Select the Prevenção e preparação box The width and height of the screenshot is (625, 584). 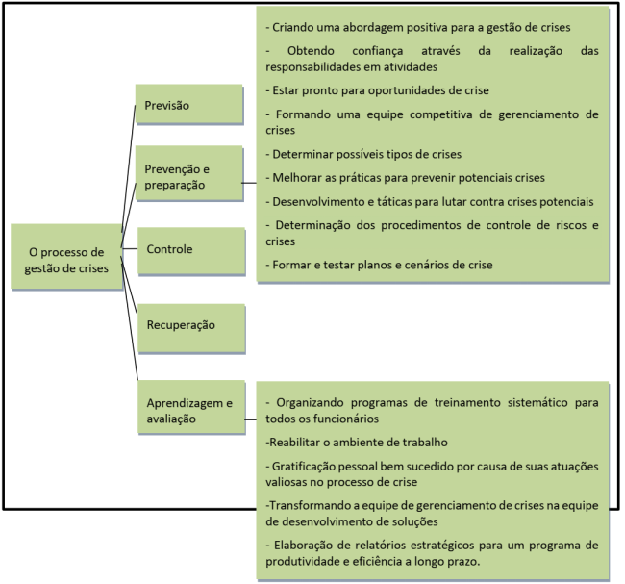tap(188, 176)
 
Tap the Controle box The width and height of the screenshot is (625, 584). tap(188, 249)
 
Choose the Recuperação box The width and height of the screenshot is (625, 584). tap(188, 324)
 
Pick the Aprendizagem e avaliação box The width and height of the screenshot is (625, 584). tap(188, 410)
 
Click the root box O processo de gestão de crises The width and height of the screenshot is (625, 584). tap(66, 260)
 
